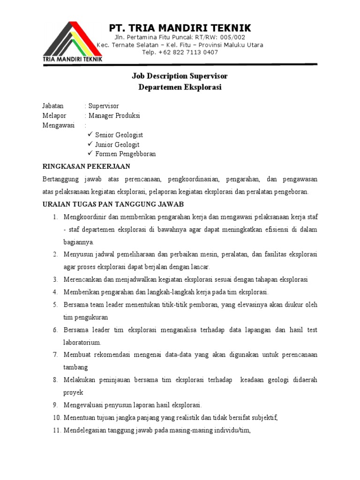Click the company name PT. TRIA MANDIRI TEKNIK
(x=180, y=28)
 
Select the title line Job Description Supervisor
(x=180, y=76)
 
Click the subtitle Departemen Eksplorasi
(x=180, y=87)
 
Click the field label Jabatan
(x=53, y=106)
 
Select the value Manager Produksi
(x=114, y=116)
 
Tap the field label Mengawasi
(x=58, y=125)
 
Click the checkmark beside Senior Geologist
(x=90, y=135)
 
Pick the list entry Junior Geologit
(x=117, y=144)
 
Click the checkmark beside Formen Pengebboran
(x=90, y=154)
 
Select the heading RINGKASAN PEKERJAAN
(x=86, y=166)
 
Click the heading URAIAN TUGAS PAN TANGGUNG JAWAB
(x=113, y=204)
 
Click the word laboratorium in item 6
(x=82, y=343)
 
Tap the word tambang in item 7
(x=76, y=367)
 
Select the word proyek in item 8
(x=73, y=392)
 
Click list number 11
(x=55, y=430)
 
